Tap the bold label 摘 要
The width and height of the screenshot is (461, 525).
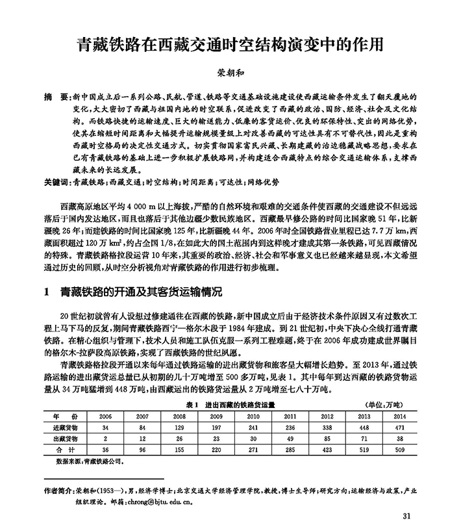pyautogui.click(x=53, y=96)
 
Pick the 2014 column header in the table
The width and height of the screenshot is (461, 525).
pyautogui.click(x=400, y=416)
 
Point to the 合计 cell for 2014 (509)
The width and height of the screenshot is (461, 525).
pyautogui.click(x=400, y=448)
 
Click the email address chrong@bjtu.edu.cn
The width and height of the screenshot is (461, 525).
pyautogui.click(x=158, y=502)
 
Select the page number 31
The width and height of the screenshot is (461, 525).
pyautogui.click(x=406, y=516)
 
